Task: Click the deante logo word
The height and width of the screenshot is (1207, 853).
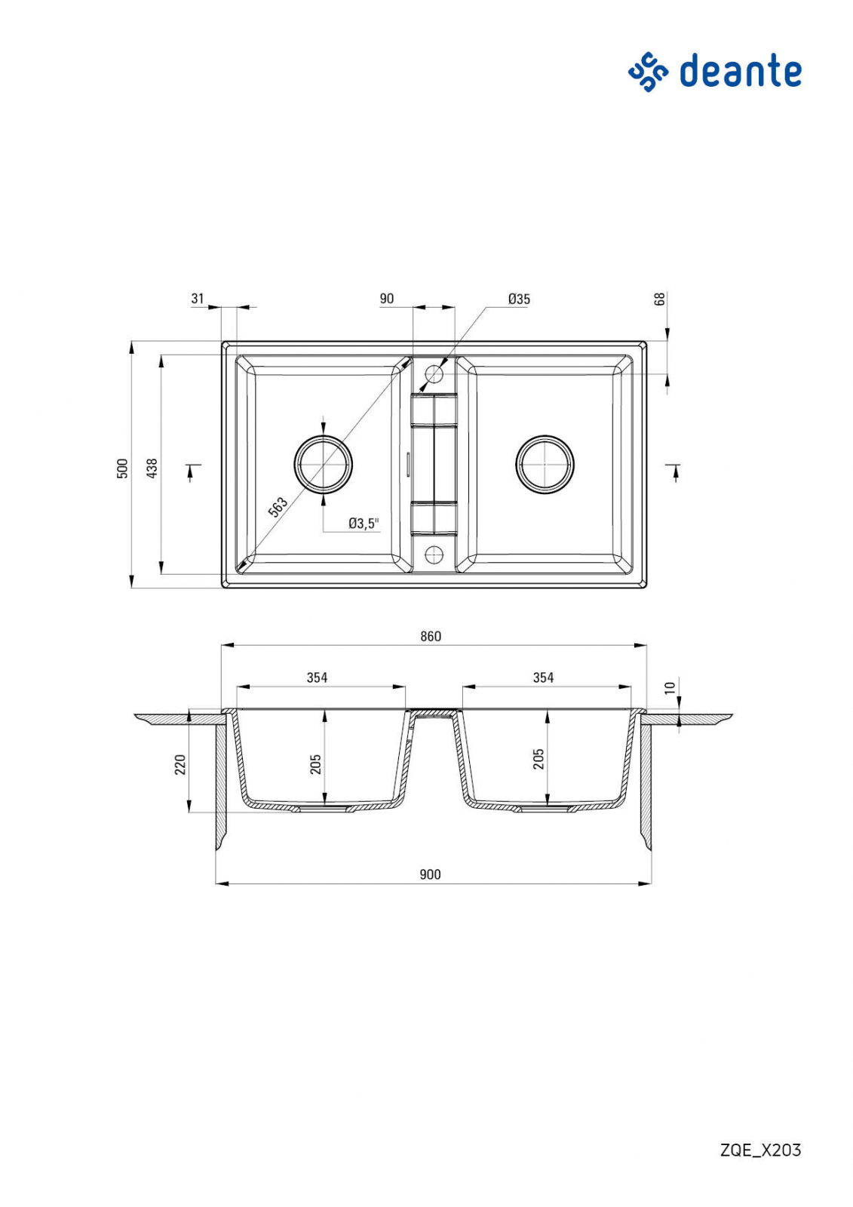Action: coord(741,71)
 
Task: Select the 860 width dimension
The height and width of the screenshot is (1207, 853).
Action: coord(431,637)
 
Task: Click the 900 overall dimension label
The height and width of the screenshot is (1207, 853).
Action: coord(431,874)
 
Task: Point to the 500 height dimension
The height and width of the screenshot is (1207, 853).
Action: coord(123,468)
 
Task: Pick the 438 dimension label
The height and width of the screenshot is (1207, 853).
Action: coord(152,468)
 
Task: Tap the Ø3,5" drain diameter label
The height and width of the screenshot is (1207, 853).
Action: coord(364,523)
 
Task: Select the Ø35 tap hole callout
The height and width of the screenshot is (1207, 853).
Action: coord(519,299)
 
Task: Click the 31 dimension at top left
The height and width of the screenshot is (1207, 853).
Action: coord(198,298)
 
